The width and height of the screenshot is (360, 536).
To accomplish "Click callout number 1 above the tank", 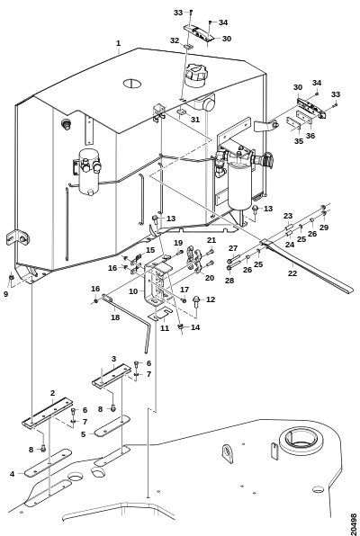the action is click(118, 43).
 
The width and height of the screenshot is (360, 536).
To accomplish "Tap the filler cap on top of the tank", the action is click(195, 75).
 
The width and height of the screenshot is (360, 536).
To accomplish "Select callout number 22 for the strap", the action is click(292, 273).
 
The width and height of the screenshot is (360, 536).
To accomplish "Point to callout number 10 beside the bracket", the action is click(133, 291).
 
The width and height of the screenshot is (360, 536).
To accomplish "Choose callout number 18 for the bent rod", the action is click(115, 317).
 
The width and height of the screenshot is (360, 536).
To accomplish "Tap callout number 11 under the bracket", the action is click(165, 328).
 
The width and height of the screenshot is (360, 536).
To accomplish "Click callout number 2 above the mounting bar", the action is click(52, 393).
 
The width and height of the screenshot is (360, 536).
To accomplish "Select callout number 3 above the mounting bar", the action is click(114, 359).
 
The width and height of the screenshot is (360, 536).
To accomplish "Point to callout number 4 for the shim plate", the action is click(13, 474).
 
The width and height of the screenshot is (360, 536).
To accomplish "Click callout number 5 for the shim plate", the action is click(83, 434).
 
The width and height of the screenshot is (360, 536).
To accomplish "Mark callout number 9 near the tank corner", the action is click(5, 294).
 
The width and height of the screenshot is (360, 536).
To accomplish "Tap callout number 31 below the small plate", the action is click(195, 120).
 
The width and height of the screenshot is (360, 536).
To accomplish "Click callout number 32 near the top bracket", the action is click(175, 40).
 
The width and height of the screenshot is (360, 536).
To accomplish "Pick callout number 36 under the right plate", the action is click(310, 136).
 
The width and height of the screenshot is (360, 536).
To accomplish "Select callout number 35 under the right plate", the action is click(299, 141).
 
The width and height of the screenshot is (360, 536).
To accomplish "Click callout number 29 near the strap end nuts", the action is click(324, 228).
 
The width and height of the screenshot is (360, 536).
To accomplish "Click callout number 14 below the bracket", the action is click(195, 327).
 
